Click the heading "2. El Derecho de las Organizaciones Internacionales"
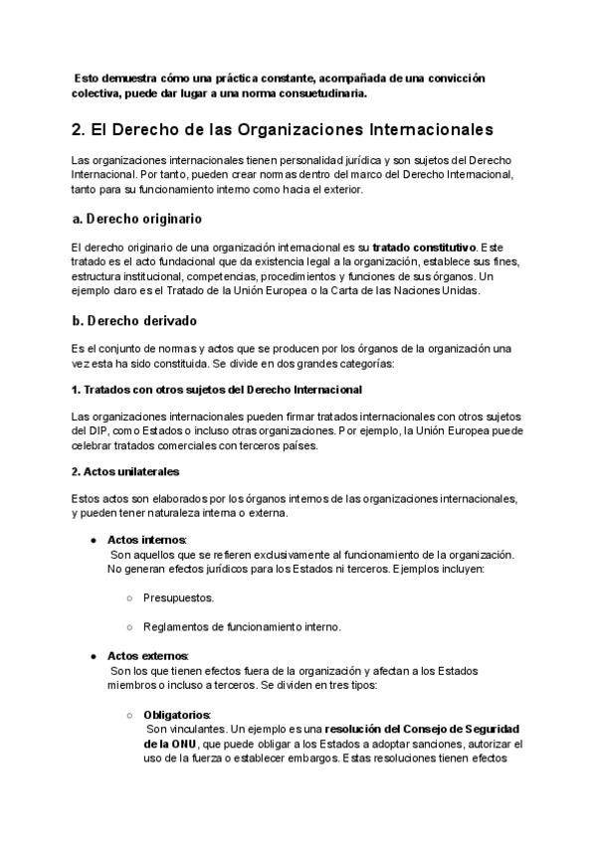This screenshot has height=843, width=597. click(282, 130)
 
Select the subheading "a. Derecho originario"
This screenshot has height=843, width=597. click(138, 218)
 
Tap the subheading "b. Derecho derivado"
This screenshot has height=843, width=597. click(134, 321)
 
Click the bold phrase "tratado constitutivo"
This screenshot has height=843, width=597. click(425, 246)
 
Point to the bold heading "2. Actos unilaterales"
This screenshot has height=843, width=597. click(126, 470)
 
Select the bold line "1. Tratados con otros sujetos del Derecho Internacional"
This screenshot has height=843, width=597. click(217, 389)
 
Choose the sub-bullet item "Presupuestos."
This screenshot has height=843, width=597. click(178, 598)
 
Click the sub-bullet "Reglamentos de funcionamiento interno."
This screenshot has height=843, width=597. click(242, 627)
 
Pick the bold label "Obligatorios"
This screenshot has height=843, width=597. click(177, 714)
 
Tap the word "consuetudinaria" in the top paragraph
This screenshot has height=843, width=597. click(314, 94)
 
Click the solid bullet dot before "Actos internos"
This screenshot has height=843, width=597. click(93, 540)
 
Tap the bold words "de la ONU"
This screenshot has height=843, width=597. click(170, 744)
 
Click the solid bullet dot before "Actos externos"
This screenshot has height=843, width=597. click(93, 656)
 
